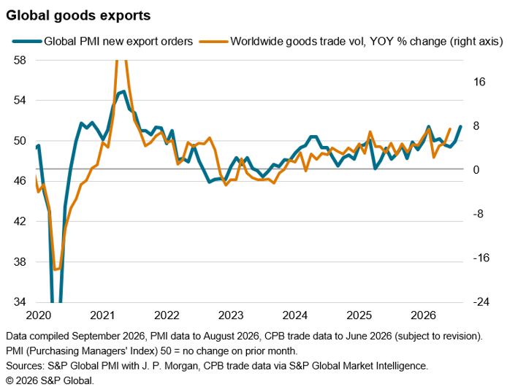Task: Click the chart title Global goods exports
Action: point(78,15)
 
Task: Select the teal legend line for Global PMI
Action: point(27,42)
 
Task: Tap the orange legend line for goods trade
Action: point(214,42)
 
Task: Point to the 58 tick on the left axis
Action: point(20,60)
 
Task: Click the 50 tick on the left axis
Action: point(20,141)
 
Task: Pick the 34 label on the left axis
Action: point(20,301)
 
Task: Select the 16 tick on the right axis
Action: point(479,82)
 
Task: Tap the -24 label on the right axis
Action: point(481,301)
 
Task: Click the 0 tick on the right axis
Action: point(476,169)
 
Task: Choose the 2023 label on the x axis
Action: point(231,315)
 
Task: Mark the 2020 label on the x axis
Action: point(39,315)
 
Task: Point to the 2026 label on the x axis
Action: point(423,315)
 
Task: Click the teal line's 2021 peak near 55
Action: point(123,91)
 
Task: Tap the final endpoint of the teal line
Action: point(460,126)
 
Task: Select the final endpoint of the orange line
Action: point(450,129)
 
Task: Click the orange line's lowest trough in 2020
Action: point(55,269)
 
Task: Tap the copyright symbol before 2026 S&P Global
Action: point(9,381)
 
